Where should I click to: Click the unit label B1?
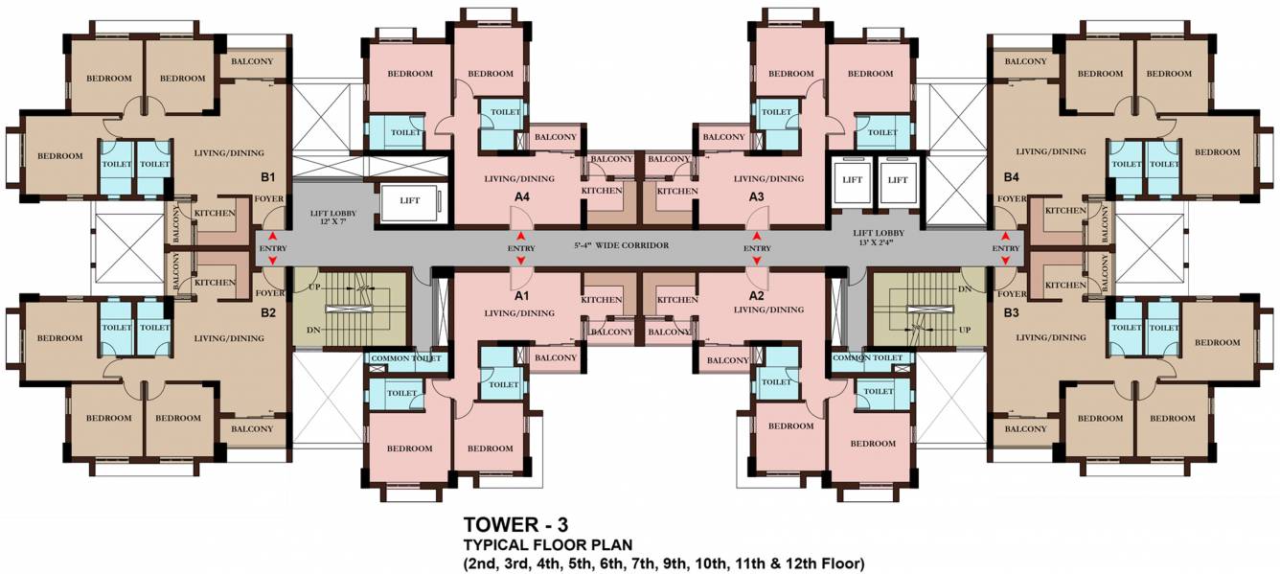pos(268,177)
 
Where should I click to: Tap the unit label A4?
pos(522,196)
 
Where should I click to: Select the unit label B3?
pos(1012,313)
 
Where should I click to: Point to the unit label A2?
pos(756,296)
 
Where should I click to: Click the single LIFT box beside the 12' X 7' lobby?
pos(410,200)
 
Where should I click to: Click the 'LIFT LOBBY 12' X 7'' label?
pos(333,218)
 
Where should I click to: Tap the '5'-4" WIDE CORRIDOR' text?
pos(622,245)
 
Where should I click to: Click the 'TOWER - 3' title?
pos(516,524)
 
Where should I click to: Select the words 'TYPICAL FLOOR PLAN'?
pos(548,545)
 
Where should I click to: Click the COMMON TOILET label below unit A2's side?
pos(867,357)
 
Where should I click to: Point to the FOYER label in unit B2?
pos(270,293)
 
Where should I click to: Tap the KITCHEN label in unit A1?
pos(601,300)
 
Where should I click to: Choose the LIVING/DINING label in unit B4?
pos(1051,151)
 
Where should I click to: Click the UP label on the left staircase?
pos(314,287)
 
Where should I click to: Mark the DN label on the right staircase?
pos(965,289)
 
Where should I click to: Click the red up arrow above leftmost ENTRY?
pos(272,236)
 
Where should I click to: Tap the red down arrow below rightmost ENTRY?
pos(1006,261)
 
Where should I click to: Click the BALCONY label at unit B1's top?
pos(252,61)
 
